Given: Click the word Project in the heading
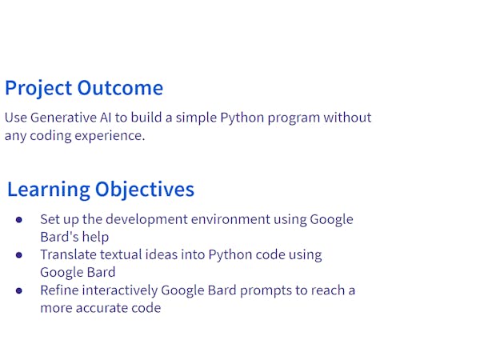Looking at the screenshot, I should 38,89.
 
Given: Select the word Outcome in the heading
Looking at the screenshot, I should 120,89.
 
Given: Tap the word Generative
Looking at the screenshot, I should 66,118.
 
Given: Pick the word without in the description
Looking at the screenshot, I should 348,118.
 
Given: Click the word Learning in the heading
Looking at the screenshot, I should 48,190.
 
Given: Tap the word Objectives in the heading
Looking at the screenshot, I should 145,190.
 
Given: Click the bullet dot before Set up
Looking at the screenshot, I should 19,219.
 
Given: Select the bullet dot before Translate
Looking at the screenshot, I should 19,255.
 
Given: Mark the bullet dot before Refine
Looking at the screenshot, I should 19,290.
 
